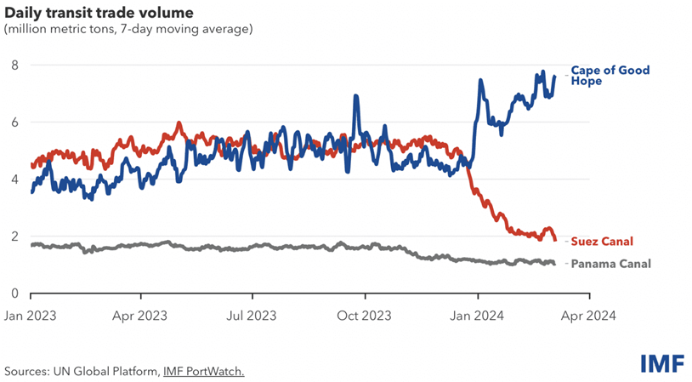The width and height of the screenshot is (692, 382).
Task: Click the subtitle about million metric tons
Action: pyautogui.click(x=128, y=30)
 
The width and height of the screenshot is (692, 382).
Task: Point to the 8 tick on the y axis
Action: pyautogui.click(x=14, y=66)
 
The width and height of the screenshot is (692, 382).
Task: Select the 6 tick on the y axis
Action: pyautogui.click(x=14, y=123)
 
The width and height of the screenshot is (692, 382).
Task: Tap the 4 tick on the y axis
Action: pyautogui.click(x=14, y=180)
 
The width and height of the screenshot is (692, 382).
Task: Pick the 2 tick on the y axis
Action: pyautogui.click(x=14, y=237)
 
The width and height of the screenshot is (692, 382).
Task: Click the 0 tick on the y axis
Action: pyautogui.click(x=14, y=294)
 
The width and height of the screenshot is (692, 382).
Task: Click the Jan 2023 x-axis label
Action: pyautogui.click(x=31, y=314)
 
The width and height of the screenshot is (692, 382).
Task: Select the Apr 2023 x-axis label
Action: pyautogui.click(x=141, y=314)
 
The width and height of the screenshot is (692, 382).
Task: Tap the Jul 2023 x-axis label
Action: pyautogui.click(x=252, y=314)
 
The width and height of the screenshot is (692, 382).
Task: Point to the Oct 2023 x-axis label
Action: pyautogui.click(x=365, y=314)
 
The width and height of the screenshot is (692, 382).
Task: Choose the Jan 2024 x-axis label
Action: pyautogui.click(x=478, y=314)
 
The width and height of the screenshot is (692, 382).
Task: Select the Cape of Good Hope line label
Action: pyautogui.click(x=610, y=76)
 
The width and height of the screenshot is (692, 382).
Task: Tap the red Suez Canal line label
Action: pyautogui.click(x=602, y=242)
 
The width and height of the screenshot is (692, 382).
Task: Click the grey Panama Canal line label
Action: pyautogui.click(x=610, y=264)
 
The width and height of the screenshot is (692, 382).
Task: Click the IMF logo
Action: pyautogui.click(x=662, y=363)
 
